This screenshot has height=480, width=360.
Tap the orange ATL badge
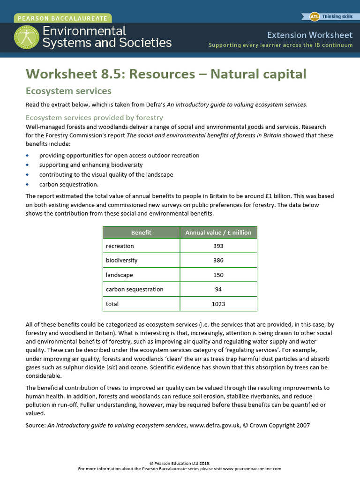click(x=315, y=17)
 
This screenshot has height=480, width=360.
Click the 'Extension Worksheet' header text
click(x=309, y=35)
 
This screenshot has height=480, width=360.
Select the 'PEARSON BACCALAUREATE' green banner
click(x=63, y=19)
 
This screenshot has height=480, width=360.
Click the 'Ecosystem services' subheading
click(x=68, y=90)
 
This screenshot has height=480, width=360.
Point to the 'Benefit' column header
click(x=141, y=232)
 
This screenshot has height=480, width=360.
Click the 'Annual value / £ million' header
click(x=218, y=232)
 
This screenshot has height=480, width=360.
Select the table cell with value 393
click(x=218, y=246)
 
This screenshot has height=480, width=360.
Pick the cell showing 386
click(x=218, y=261)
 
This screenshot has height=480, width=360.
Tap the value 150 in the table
click(x=218, y=275)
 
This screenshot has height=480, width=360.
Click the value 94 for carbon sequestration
click(x=218, y=289)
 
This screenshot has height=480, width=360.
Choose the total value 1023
click(x=218, y=304)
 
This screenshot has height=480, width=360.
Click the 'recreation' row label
click(x=120, y=246)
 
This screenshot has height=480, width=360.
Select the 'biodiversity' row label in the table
click(x=122, y=261)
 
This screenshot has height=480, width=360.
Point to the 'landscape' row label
click(x=119, y=275)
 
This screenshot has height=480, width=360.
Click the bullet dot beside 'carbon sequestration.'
click(x=28, y=185)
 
